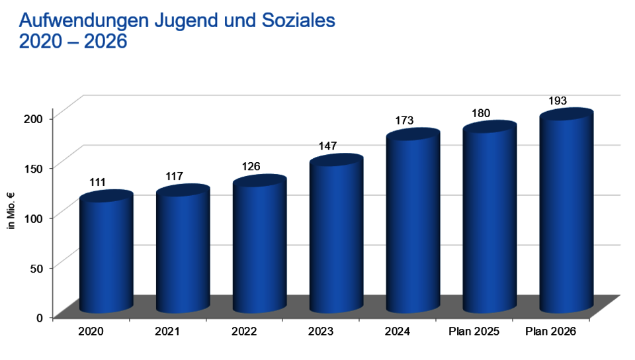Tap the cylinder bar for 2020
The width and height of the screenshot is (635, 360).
tap(106, 255)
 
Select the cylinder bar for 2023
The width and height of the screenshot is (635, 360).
tap(336, 238)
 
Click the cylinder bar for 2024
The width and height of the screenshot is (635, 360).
tap(413, 225)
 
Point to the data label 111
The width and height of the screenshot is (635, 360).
tap(97, 182)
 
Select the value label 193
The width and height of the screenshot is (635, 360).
tap(558, 101)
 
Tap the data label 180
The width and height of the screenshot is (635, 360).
tap(481, 112)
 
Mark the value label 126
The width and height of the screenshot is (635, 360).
tap(251, 166)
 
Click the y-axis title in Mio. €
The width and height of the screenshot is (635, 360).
tap(11, 211)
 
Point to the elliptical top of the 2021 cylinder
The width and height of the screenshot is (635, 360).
tap(183, 191)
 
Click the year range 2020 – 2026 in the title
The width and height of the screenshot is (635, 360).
tap(73, 42)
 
